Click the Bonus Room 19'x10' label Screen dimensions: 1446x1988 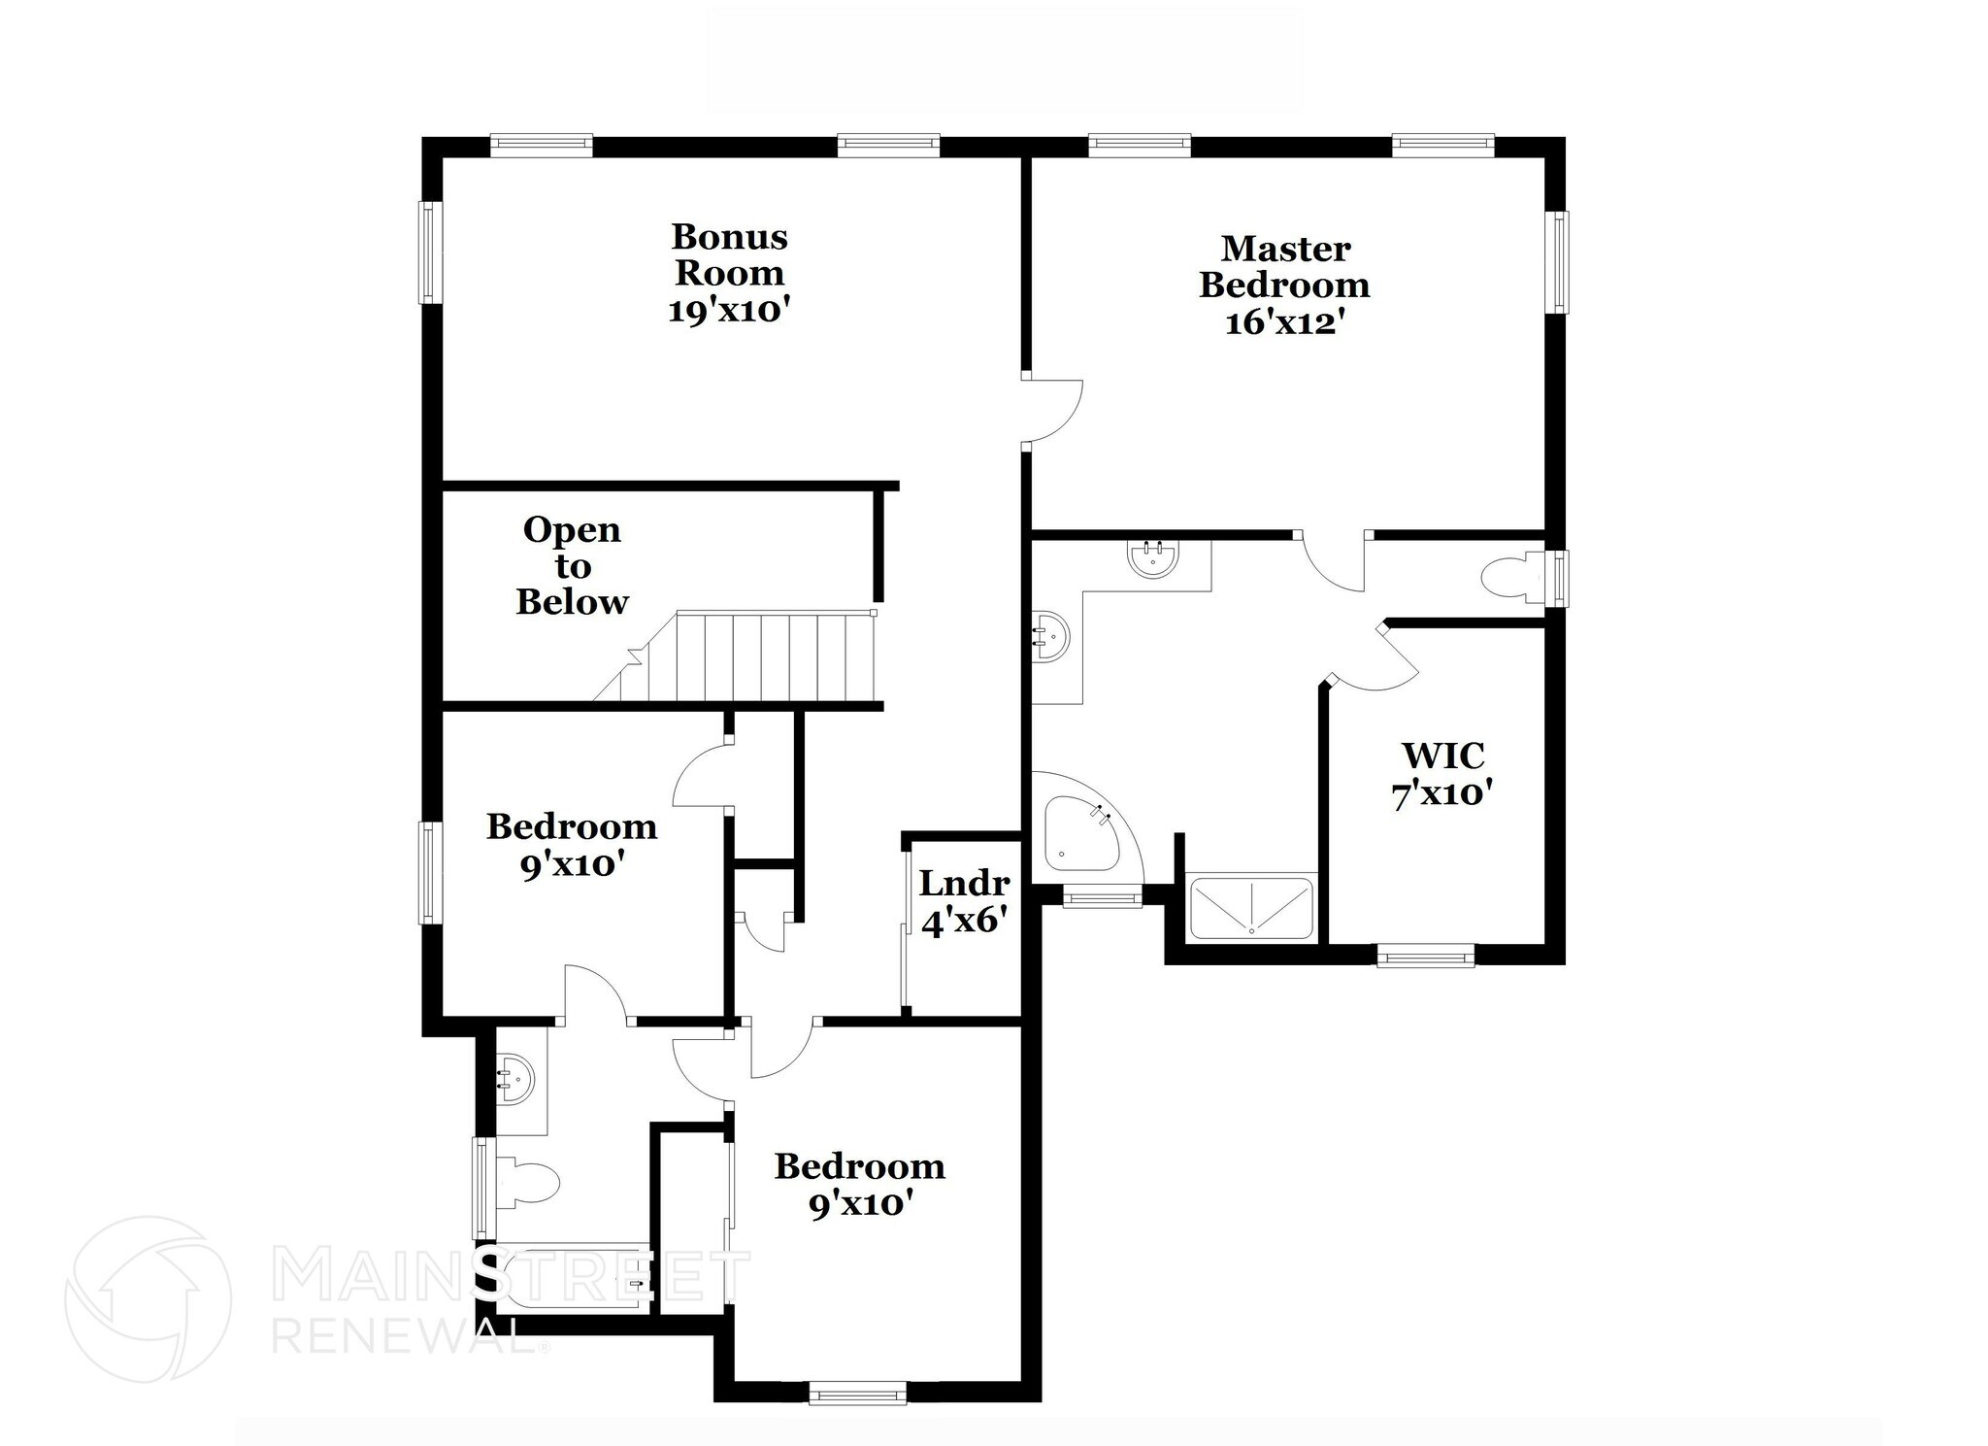click(728, 273)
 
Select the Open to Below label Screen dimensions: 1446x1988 click(572, 565)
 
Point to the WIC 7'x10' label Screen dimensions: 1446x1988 click(1441, 774)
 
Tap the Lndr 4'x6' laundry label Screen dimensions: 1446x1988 click(963, 901)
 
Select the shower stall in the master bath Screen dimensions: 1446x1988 click(1251, 908)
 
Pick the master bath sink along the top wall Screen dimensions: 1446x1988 click(1153, 559)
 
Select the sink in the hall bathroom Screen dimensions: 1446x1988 click(515, 1078)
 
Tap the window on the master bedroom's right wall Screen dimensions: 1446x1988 click(1556, 262)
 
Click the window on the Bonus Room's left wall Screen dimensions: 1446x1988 click(429, 252)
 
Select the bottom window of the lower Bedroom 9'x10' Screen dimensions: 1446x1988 click(857, 1395)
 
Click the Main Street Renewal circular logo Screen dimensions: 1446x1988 click(148, 1298)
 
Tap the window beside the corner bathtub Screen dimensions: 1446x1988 click(1103, 898)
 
